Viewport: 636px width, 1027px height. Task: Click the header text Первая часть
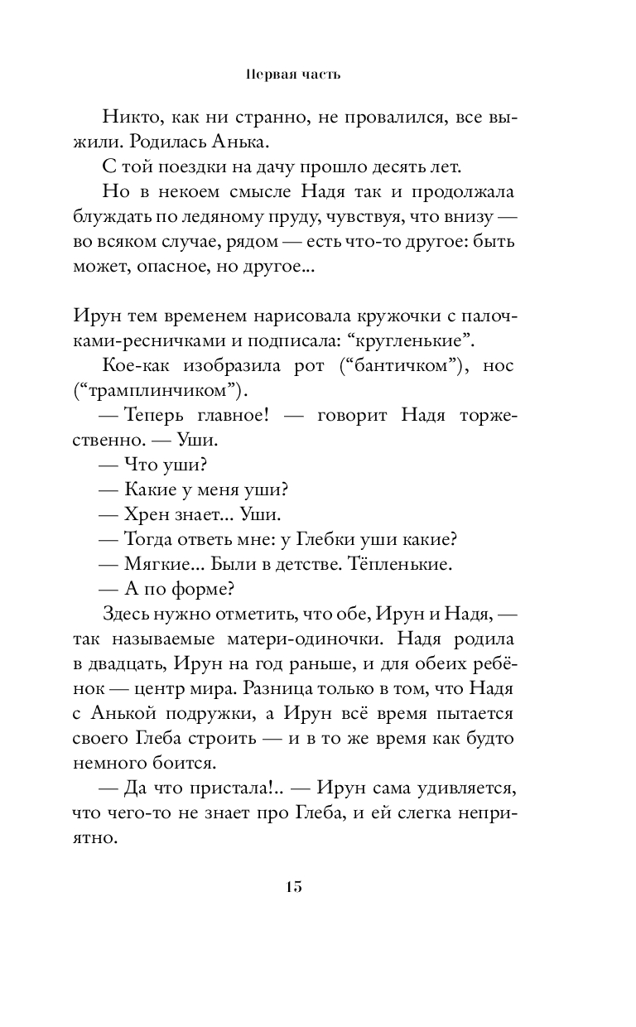(294, 75)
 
